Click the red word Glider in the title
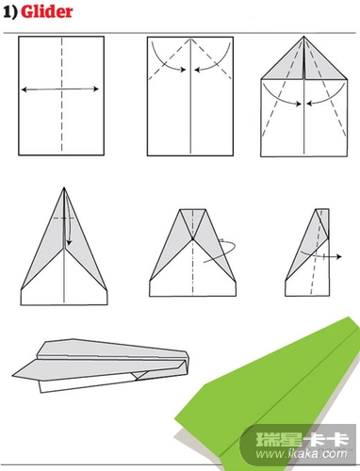click(x=46, y=12)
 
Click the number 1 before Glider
click(x=8, y=12)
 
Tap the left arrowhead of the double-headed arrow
click(x=24, y=89)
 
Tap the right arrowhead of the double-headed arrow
click(x=96, y=89)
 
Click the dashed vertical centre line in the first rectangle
click(x=61, y=94)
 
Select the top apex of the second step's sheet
click(x=190, y=39)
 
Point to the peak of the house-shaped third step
click(x=303, y=37)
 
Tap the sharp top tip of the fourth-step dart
click(x=64, y=188)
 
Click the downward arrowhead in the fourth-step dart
click(x=69, y=242)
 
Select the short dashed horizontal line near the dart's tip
click(x=63, y=218)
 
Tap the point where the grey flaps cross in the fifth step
click(x=192, y=239)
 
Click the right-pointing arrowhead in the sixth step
click(x=338, y=257)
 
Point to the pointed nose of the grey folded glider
click(x=13, y=375)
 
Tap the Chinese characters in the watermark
click(x=303, y=440)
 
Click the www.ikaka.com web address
click(x=302, y=454)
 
